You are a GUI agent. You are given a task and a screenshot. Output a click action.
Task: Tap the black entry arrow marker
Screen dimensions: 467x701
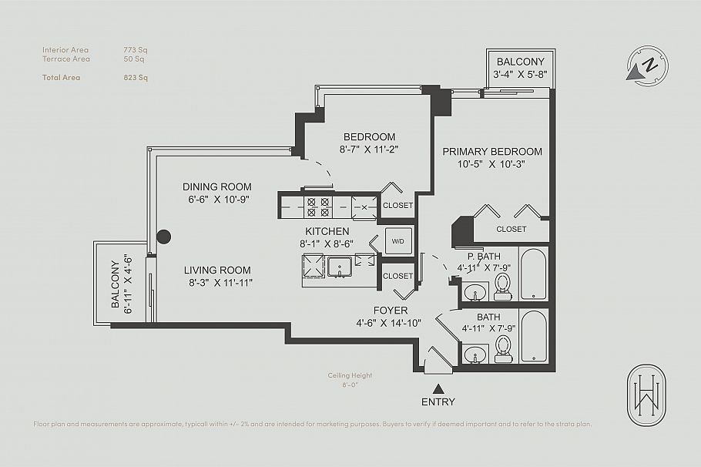(x=438, y=388)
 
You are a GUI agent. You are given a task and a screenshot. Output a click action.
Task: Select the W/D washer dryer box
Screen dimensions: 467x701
(x=397, y=240)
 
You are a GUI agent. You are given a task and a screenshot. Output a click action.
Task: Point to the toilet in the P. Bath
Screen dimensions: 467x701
(x=503, y=284)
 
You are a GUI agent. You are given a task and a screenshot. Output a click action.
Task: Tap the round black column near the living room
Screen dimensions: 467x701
(x=163, y=237)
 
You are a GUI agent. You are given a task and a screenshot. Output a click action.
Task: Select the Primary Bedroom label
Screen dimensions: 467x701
(x=491, y=152)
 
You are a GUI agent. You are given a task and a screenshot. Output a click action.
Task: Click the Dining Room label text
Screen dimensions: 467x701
(x=217, y=186)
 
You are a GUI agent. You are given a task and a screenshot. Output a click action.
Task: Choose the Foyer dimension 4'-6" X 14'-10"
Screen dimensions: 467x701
(x=388, y=323)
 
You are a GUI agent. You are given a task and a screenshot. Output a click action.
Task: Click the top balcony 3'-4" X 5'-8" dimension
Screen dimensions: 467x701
(x=520, y=75)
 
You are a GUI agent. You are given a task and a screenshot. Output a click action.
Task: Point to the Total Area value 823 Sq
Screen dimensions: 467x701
(x=136, y=77)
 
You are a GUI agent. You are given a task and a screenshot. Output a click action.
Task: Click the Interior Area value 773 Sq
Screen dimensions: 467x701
(x=136, y=50)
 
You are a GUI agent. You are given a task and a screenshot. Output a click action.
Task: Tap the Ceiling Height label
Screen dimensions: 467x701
(x=350, y=375)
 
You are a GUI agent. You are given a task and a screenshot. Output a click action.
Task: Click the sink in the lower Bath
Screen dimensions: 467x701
(x=475, y=356)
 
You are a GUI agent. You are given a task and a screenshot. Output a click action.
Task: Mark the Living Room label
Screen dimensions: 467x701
(x=217, y=270)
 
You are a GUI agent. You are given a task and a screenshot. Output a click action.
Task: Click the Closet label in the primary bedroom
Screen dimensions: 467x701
(x=511, y=229)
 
